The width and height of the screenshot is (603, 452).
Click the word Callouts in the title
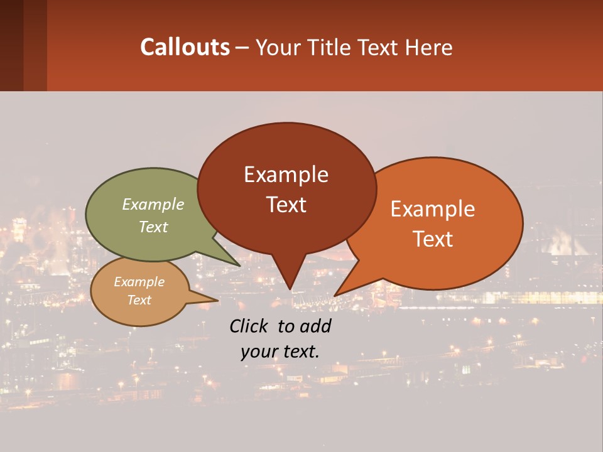[185, 48]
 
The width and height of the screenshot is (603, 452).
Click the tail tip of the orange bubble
[337, 294]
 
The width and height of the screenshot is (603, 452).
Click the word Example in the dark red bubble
[286, 175]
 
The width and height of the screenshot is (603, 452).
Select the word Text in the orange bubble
[433, 239]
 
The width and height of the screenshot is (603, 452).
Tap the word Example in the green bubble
[153, 205]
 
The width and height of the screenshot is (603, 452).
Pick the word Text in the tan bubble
[139, 300]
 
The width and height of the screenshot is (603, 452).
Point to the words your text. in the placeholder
[280, 352]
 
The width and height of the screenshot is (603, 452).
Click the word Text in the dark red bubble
[286, 205]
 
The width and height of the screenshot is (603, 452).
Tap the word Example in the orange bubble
[433, 209]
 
